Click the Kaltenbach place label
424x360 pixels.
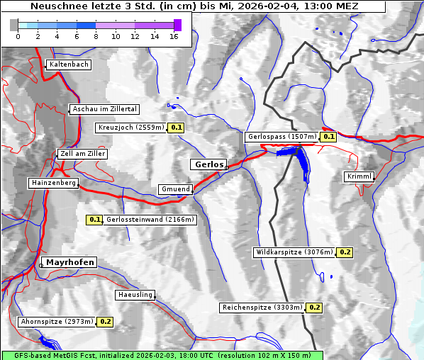[x=69, y=64]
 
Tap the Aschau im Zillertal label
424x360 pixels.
[x=105, y=109]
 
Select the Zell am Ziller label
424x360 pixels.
[x=83, y=154]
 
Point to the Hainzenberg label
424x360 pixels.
[x=53, y=183]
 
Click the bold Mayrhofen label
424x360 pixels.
[x=70, y=262]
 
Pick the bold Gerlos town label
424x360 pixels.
[x=208, y=164]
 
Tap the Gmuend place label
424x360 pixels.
[x=175, y=189]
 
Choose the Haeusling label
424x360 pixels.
[x=135, y=295]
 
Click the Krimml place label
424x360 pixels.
[x=359, y=176]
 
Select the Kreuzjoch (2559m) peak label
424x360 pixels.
[x=130, y=128]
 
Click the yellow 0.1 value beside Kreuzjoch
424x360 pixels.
[x=177, y=128]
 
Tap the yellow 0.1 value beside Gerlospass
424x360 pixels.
[x=328, y=137]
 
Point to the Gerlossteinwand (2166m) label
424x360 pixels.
[x=150, y=220]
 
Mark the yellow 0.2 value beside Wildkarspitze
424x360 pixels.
[x=345, y=252]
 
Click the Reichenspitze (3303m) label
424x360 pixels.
[x=262, y=308]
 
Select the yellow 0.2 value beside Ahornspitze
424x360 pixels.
[x=106, y=322]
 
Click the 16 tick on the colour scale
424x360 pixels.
[x=174, y=36]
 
